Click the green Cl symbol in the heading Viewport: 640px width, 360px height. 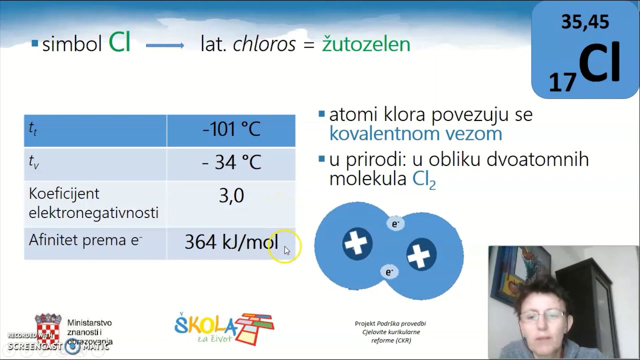[119, 43]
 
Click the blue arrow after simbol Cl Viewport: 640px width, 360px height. [165, 45]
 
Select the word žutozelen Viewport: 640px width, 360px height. [365, 44]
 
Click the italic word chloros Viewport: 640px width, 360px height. [264, 44]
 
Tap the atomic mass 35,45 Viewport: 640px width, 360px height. [584, 22]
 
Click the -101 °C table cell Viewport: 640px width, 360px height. [231, 129]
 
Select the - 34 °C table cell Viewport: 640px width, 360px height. [231, 162]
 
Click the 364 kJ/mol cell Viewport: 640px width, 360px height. [231, 242]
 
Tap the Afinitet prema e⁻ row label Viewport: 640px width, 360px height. [85, 240]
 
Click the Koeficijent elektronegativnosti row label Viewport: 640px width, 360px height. [93, 203]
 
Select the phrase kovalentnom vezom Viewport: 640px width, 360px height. [415, 133]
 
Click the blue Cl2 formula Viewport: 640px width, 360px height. [424, 179]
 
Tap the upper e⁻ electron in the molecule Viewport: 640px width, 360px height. [395, 223]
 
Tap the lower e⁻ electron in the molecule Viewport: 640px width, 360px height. [389, 272]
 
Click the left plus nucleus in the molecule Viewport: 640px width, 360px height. [357, 243]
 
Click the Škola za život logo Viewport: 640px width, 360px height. [223, 328]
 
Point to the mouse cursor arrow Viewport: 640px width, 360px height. [286, 250]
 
